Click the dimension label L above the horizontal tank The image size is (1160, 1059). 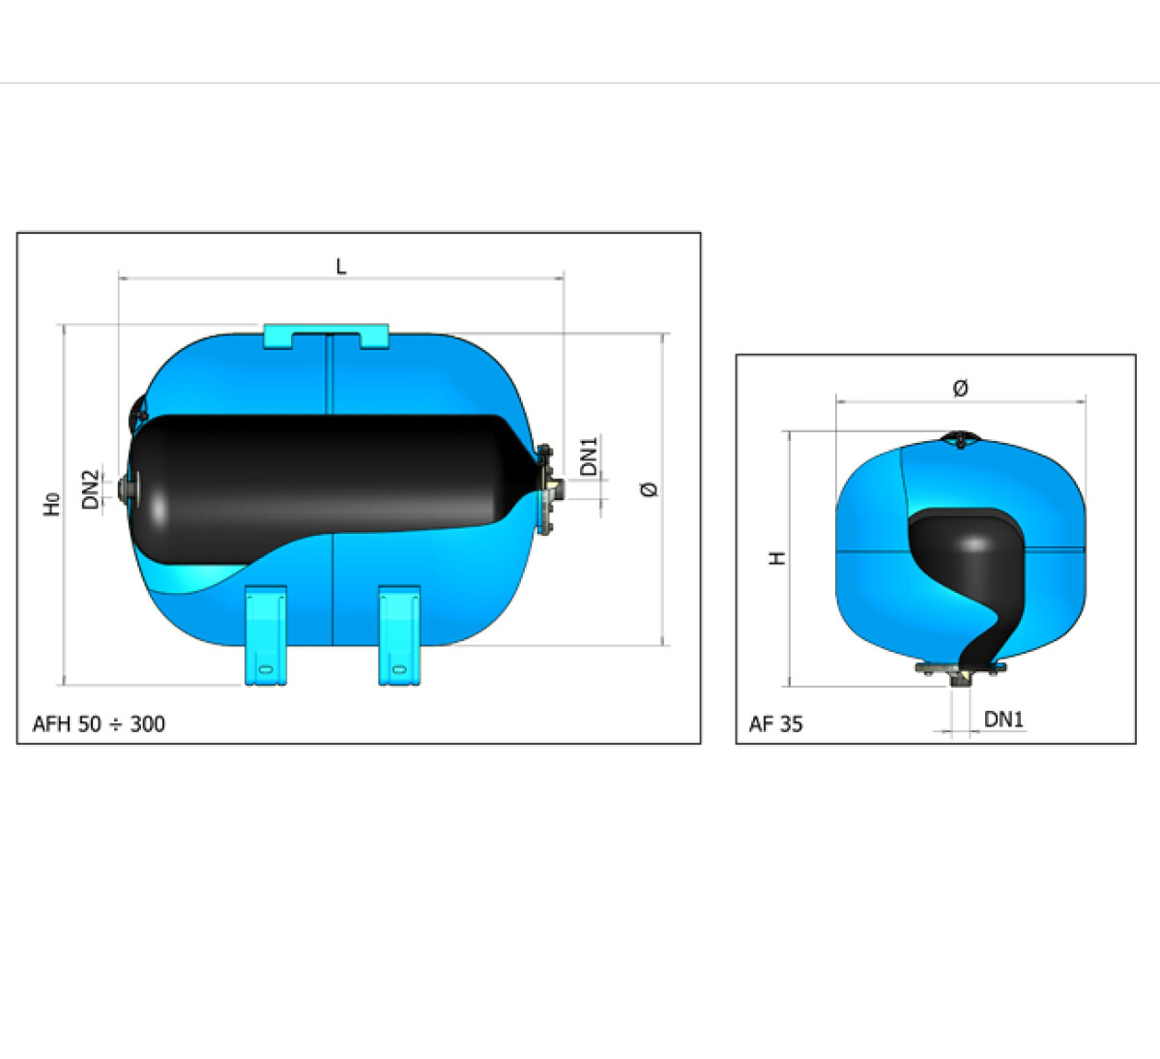[341, 266]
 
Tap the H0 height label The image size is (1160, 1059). [51, 504]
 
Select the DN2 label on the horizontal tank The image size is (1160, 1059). [90, 489]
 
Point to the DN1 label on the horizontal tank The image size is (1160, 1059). [588, 456]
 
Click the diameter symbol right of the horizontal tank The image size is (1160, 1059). [649, 489]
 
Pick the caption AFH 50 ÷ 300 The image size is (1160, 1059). [99, 724]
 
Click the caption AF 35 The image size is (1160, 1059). [775, 724]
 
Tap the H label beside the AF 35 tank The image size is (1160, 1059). [777, 558]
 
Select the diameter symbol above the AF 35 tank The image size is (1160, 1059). [960, 388]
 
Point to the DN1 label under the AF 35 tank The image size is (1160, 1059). [1003, 720]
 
